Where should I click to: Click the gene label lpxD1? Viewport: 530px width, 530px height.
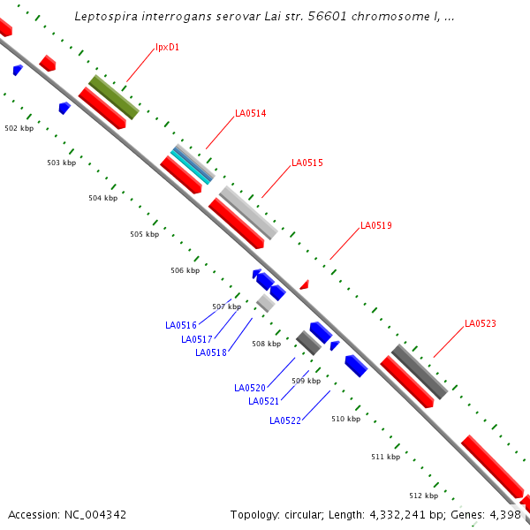pyautogui.click(x=167, y=47)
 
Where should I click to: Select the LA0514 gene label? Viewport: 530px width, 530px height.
pyautogui.click(x=250, y=113)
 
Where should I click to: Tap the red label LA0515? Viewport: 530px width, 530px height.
pyautogui.click(x=307, y=163)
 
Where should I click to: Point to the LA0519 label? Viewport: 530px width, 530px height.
pyautogui.click(x=375, y=225)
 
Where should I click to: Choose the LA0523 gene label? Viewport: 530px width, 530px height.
pyautogui.click(x=481, y=323)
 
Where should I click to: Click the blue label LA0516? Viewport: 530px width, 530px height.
pyautogui.click(x=180, y=325)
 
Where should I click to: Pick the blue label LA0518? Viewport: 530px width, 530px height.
pyautogui.click(x=210, y=352)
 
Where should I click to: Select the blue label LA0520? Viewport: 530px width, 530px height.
pyautogui.click(x=249, y=388)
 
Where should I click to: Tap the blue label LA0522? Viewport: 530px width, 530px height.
pyautogui.click(x=284, y=420)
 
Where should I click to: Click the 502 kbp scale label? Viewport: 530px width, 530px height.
pyautogui.click(x=19, y=128)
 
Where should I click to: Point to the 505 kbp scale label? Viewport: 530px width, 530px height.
pyautogui.click(x=144, y=234)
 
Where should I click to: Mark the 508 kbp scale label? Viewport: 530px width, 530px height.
pyautogui.click(x=266, y=344)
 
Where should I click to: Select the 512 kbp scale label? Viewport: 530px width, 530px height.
pyautogui.click(x=423, y=496)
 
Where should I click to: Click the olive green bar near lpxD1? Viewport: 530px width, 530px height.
pyautogui.click(x=113, y=97)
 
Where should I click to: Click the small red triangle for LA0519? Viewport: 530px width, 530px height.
pyautogui.click(x=304, y=284)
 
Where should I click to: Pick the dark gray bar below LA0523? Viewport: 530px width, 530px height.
pyautogui.click(x=419, y=371)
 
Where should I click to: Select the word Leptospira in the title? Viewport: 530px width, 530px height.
pyautogui.click(x=106, y=16)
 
